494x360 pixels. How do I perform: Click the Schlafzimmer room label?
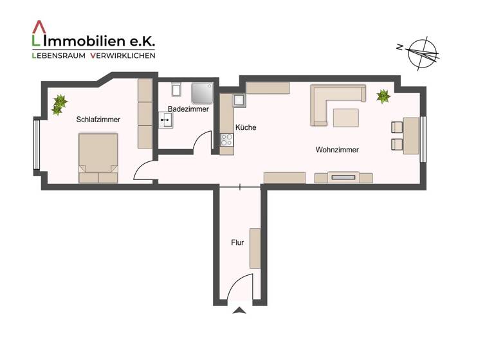tap(98, 120)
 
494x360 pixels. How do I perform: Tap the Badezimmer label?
tap(188, 109)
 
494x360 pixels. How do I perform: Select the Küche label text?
tap(246, 127)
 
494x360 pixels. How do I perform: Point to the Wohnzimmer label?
tap(337, 150)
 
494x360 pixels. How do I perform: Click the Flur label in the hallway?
tap(237, 243)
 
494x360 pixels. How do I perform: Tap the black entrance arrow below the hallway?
tap(239, 311)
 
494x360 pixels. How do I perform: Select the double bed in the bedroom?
tap(98, 157)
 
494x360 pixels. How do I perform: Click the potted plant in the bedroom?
tap(59, 104)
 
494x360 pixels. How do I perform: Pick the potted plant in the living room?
tap(383, 96)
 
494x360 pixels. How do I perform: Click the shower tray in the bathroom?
tap(203, 93)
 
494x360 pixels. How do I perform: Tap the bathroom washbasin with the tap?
tap(166, 120)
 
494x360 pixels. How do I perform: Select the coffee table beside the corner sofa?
tap(346, 117)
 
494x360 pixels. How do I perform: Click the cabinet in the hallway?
tap(255, 248)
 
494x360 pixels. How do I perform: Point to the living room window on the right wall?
tap(423, 138)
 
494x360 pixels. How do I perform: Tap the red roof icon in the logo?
tap(39, 27)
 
